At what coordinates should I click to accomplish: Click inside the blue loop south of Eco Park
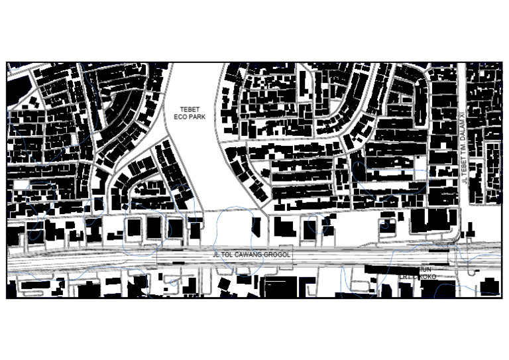pos(235,229)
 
